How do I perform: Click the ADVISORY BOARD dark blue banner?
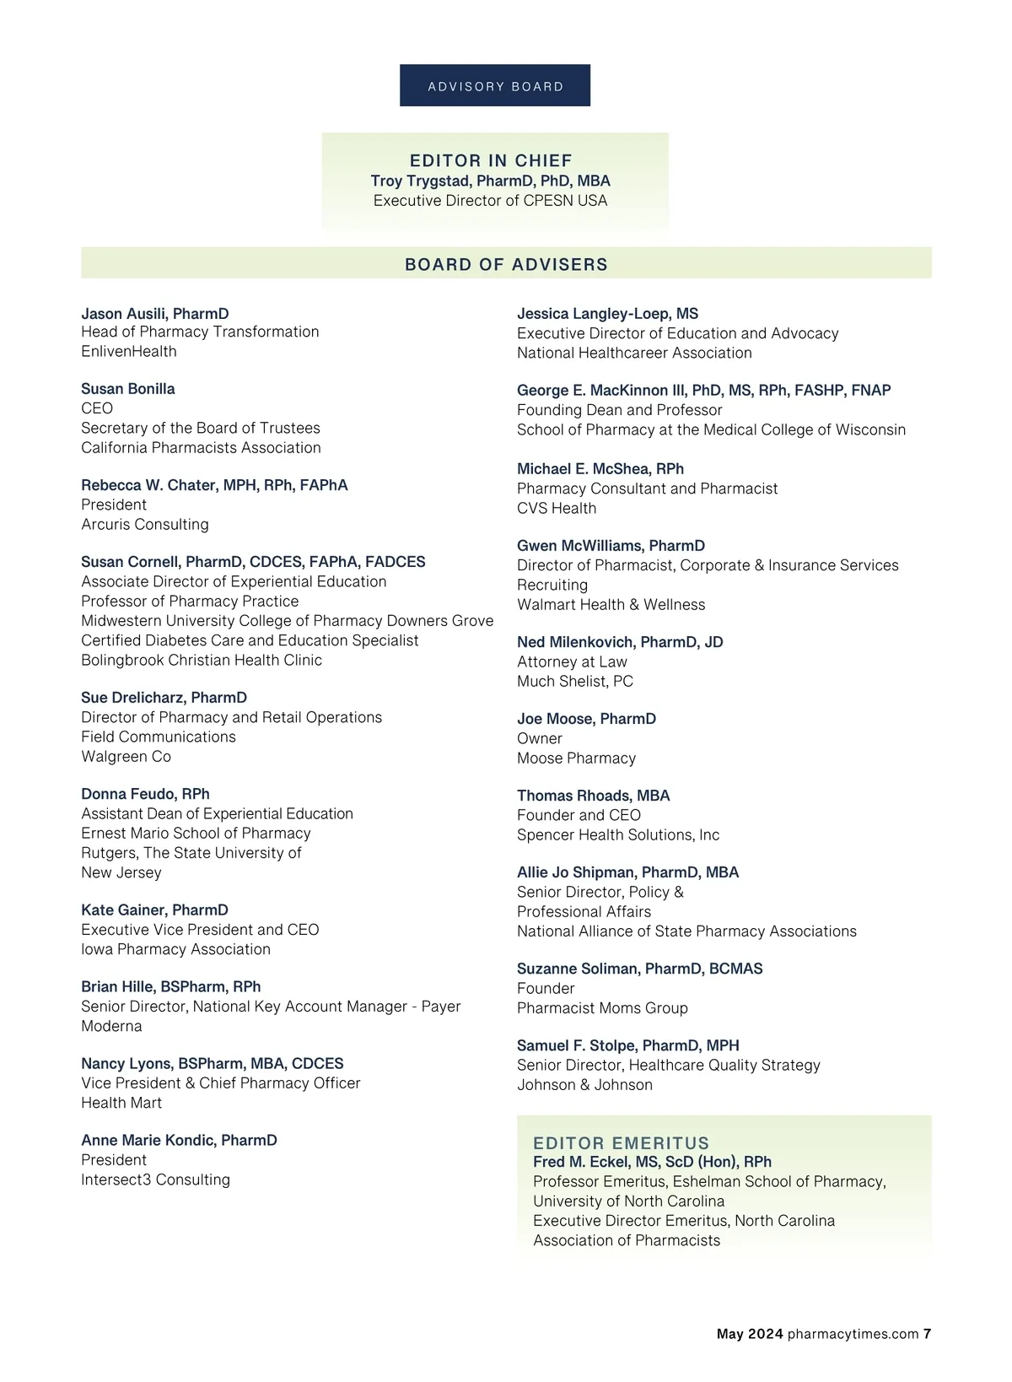[x=495, y=86]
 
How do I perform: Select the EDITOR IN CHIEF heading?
[x=491, y=160]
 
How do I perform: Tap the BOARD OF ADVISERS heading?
[x=506, y=264]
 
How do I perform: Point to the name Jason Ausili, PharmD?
[x=155, y=314]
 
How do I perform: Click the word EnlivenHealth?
[x=129, y=352]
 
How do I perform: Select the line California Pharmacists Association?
[x=201, y=448]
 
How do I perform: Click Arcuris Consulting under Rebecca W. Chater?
[x=145, y=525]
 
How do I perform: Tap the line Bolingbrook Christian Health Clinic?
[x=202, y=661]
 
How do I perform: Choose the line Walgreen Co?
[x=126, y=757]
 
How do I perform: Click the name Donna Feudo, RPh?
[x=145, y=794]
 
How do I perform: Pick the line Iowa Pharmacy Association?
[x=175, y=950]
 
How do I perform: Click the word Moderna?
[x=111, y=1027]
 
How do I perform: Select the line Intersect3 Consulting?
[x=155, y=1180]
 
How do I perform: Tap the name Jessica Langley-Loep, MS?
[x=607, y=314]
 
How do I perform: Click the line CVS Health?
[x=557, y=509]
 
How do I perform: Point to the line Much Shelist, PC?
[x=575, y=682]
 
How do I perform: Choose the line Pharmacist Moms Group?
[x=602, y=1008]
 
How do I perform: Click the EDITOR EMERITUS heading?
[x=622, y=1143]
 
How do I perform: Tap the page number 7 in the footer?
[x=927, y=1334]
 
